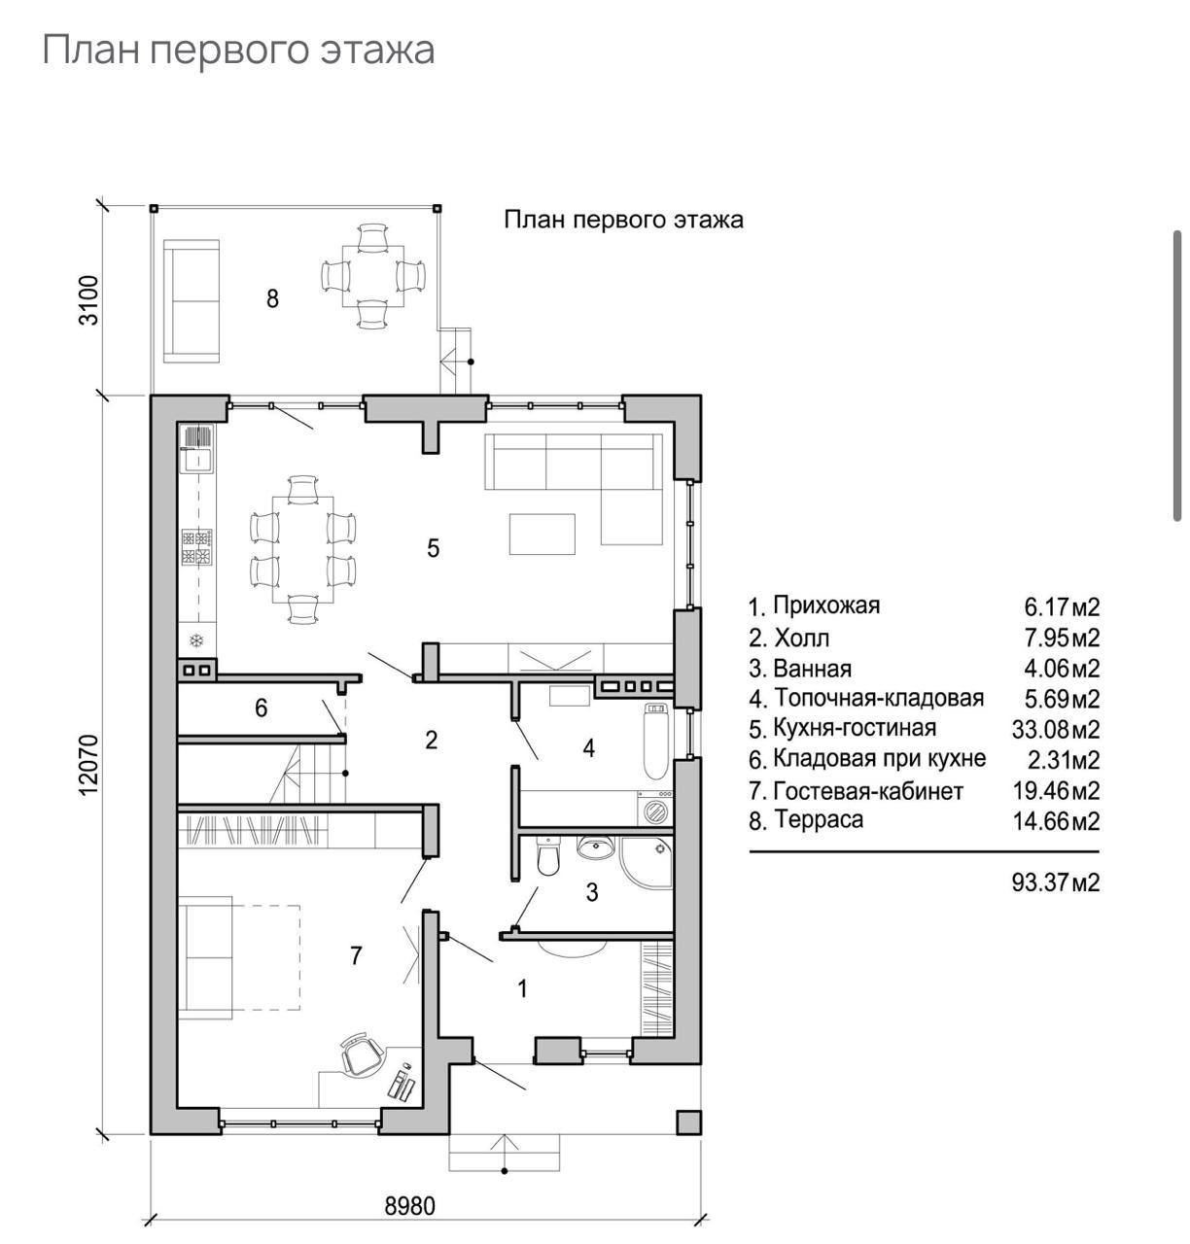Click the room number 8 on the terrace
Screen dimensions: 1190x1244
pyautogui.click(x=272, y=298)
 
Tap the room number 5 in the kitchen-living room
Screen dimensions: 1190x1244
pyautogui.click(x=433, y=548)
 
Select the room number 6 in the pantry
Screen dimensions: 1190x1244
pyautogui.click(x=261, y=708)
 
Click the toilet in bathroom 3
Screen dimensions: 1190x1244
pyautogui.click(x=548, y=854)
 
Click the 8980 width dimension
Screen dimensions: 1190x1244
pyautogui.click(x=410, y=1206)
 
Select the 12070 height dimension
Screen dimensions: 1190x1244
pyautogui.click(x=88, y=765)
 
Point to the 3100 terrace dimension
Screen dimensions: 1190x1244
pyautogui.click(x=88, y=300)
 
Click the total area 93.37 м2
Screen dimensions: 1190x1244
pyautogui.click(x=1055, y=882)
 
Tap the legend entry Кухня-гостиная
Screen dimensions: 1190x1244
pyautogui.click(x=855, y=728)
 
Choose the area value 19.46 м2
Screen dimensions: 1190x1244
pyautogui.click(x=1056, y=791)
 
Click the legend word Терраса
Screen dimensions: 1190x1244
pyautogui.click(x=819, y=819)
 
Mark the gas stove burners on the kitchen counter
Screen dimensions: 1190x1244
pyautogui.click(x=197, y=548)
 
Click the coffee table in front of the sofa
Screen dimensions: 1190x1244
pyautogui.click(x=542, y=534)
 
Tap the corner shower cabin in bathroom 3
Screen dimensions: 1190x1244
pyautogui.click(x=647, y=861)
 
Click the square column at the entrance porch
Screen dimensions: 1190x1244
pyautogui.click(x=688, y=1123)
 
